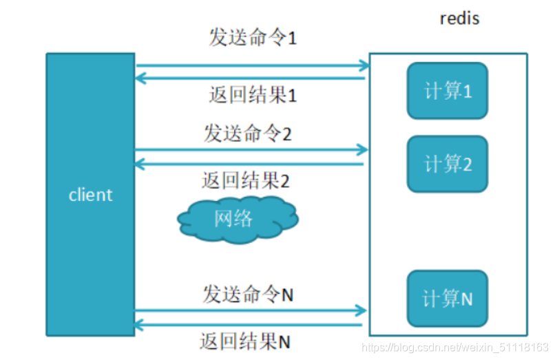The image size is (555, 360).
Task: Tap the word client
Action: [x=90, y=195]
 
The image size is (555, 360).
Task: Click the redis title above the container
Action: [x=459, y=18]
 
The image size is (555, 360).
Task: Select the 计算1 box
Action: [x=447, y=90]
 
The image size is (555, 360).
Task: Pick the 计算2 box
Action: [x=447, y=164]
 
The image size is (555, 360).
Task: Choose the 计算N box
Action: [x=447, y=299]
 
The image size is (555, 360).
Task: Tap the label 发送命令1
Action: [x=252, y=37]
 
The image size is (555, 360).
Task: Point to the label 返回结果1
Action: [x=252, y=94]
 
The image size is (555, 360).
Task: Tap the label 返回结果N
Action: [x=245, y=341]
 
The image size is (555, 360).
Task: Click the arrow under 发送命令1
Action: [x=252, y=66]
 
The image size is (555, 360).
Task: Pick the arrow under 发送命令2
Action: [x=251, y=149]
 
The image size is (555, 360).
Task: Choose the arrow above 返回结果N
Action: [x=249, y=324]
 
